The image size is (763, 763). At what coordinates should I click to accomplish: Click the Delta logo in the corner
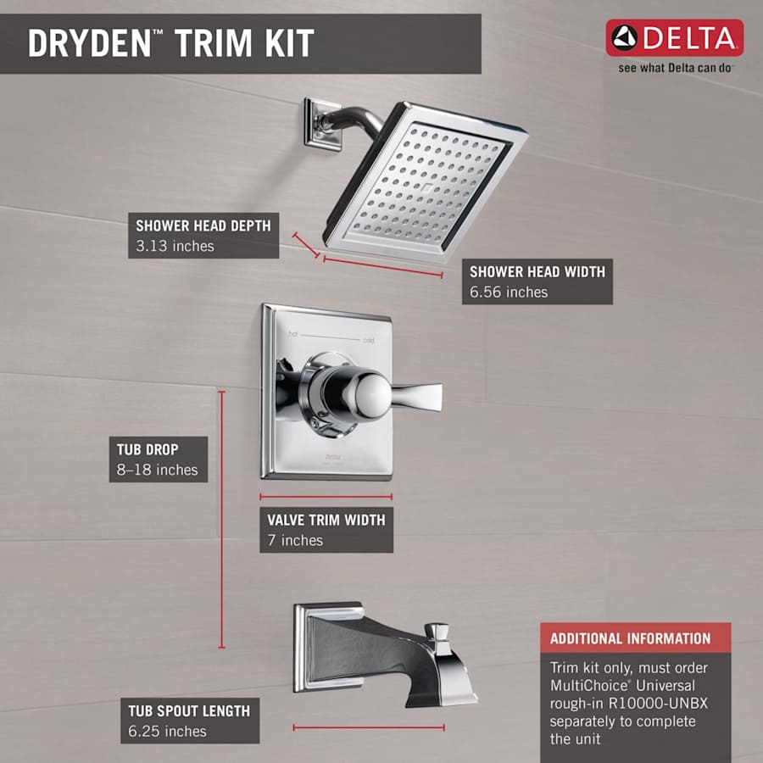(674, 38)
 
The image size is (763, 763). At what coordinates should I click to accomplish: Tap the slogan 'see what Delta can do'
(674, 68)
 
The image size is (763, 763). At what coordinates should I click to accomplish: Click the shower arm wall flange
(322, 125)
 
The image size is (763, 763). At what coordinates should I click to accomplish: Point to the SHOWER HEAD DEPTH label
(203, 226)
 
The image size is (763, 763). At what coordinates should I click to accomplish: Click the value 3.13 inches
(175, 247)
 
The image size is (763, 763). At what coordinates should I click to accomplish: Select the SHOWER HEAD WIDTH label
(537, 272)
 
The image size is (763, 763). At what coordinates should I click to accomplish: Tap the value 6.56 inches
(509, 292)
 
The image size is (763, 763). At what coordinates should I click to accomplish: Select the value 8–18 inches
(157, 471)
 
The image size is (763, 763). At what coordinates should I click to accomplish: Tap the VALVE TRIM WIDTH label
(326, 520)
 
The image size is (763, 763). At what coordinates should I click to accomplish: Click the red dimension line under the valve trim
(326, 497)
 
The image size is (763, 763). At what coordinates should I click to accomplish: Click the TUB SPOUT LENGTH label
(189, 710)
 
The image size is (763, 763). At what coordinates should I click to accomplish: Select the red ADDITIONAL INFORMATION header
(630, 638)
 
